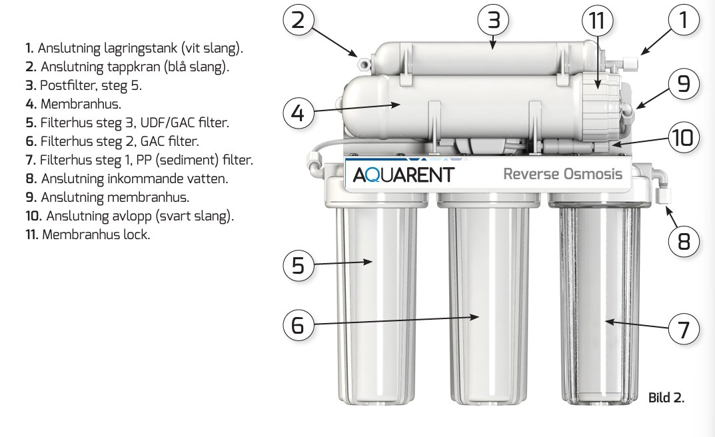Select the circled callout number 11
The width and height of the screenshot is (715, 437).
point(596,20)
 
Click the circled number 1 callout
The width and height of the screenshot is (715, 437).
point(682,19)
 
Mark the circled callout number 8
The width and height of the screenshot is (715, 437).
point(683,240)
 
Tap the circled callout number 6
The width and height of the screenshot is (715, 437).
point(298,324)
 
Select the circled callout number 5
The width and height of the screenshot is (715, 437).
point(298,265)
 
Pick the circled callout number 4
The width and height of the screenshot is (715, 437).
point(298,113)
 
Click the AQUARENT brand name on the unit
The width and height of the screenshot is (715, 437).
point(403,175)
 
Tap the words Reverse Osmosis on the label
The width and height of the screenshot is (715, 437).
point(562,174)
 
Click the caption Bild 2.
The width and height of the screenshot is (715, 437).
point(666,398)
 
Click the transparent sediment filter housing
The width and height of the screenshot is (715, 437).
point(597,300)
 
